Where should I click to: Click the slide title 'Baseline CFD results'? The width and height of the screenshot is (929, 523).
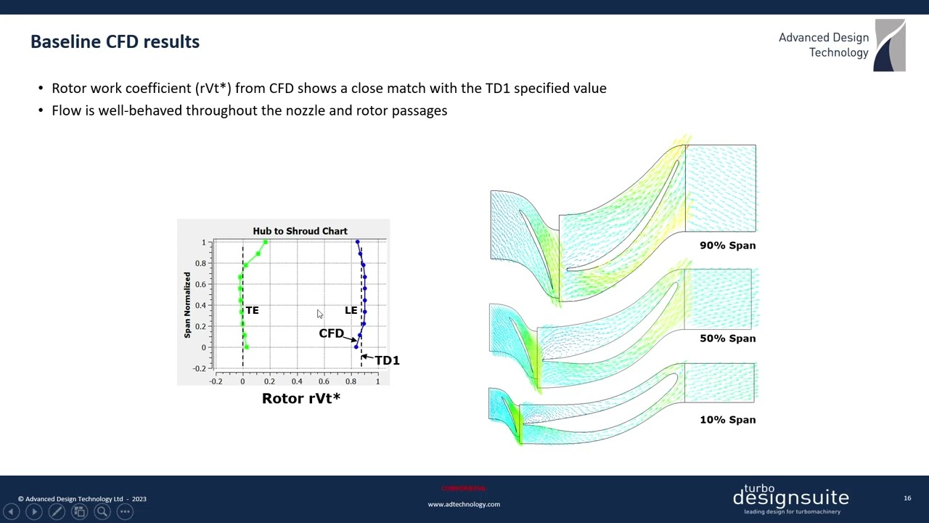115,41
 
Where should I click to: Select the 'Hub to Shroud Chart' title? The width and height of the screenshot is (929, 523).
300,231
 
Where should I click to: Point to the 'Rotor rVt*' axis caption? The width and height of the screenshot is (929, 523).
300,398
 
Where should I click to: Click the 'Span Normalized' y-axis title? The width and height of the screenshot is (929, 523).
187,305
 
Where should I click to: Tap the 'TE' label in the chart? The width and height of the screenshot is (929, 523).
252,310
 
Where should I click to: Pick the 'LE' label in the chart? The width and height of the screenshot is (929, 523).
351,310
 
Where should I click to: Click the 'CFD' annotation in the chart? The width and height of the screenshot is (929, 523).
331,333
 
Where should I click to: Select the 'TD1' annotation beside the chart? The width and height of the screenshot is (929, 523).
387,360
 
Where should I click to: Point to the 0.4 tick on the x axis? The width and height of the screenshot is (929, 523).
297,381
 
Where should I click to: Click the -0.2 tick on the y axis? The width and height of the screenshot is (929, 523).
199,368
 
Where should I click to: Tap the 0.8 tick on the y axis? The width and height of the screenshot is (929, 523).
199,263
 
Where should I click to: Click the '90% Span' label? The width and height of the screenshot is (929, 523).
727,246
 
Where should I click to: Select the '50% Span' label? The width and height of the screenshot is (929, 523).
727,338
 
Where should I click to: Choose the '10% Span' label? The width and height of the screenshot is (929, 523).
727,420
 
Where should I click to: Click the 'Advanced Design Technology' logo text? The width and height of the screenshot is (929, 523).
823,45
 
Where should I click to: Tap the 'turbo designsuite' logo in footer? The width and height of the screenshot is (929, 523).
790,498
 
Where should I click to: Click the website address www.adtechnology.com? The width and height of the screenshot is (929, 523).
464,504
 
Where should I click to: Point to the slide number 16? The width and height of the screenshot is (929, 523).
907,498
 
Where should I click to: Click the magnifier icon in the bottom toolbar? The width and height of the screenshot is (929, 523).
102,511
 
